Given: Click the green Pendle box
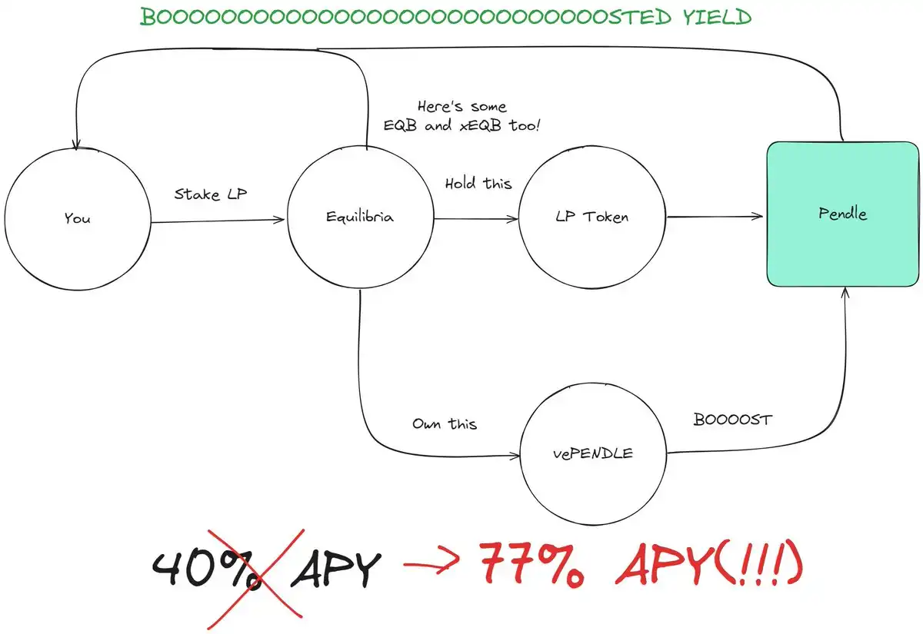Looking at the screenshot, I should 842,214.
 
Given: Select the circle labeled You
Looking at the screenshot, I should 77,218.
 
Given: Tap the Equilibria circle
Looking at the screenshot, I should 360,217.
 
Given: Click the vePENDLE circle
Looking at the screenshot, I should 593,453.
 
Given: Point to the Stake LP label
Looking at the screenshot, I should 210,194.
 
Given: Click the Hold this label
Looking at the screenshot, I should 478,184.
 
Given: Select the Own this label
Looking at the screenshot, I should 445,423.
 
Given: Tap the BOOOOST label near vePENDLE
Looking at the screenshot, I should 732,420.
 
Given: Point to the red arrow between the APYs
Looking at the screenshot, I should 433,569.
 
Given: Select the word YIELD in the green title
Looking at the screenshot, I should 716,17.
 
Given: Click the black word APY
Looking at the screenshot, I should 335,570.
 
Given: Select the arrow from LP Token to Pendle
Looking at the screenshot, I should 715,217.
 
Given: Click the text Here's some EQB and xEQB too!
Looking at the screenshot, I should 462,115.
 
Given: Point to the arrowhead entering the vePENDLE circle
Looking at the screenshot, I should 515,456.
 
